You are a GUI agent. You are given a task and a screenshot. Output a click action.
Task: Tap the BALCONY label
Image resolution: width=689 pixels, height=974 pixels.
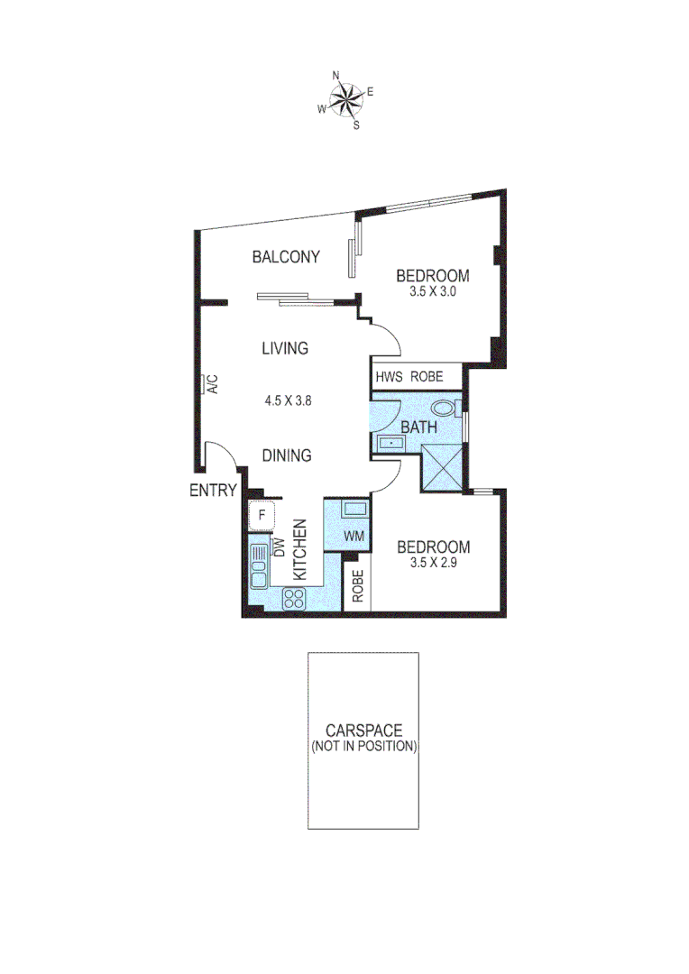click(286, 257)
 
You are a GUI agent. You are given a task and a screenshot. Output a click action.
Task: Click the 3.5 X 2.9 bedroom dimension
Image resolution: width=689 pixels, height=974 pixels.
click(434, 564)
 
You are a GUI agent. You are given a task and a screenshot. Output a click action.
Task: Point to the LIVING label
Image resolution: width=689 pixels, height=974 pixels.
click(285, 348)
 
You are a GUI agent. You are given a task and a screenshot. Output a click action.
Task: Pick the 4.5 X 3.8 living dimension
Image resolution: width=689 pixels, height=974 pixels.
click(288, 400)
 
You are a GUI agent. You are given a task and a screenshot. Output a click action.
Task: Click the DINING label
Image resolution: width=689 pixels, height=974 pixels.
click(288, 455)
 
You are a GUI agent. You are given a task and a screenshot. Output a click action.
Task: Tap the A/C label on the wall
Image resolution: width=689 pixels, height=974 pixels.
click(214, 385)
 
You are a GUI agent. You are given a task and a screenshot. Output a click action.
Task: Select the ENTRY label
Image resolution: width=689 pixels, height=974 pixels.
click(213, 491)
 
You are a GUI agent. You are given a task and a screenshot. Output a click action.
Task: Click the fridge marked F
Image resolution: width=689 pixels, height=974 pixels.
click(262, 515)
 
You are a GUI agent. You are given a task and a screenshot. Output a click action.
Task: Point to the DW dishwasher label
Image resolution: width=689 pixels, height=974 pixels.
click(280, 547)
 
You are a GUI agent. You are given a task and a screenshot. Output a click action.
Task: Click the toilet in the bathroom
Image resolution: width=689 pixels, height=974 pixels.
click(443, 407)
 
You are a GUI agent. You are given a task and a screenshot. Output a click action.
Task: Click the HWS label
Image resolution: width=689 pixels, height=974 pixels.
click(388, 376)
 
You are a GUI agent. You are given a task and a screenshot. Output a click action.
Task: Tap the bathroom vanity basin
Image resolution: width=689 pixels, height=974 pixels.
click(391, 443)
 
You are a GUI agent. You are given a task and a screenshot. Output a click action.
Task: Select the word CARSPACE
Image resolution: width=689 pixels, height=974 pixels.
click(364, 730)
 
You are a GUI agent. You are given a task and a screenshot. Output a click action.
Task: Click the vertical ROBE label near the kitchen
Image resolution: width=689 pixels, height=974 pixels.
click(358, 587)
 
